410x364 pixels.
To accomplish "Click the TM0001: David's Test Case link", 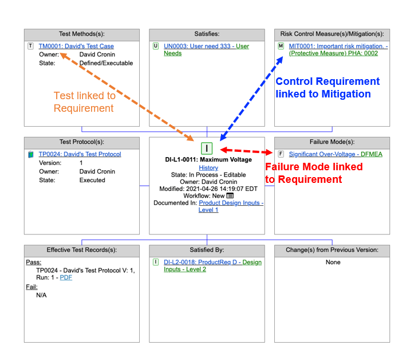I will coord(76,46).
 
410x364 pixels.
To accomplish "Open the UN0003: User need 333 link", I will coord(206,46).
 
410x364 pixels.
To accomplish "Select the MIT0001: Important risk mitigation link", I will coord(338,46).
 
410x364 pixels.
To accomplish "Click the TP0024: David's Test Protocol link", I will coord(80,154).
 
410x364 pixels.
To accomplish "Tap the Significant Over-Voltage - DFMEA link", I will coord(336,154).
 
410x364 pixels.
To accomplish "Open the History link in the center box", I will coord(208,168).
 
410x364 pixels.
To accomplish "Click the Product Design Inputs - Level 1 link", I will coord(231,203).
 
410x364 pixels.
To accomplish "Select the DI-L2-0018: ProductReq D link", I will coord(212,263).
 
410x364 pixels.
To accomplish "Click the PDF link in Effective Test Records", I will coord(66,277).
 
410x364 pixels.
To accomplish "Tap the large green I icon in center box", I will coord(207,148).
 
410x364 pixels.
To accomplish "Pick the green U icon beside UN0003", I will coord(156,46).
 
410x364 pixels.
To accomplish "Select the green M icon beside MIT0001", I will coord(281,46).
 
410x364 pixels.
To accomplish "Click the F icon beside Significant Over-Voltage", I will coord(281,154).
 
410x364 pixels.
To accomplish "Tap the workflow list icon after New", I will coord(230,196).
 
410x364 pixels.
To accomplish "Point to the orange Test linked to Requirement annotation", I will coord(84,102).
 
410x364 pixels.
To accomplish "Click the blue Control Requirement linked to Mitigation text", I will coord(328,88).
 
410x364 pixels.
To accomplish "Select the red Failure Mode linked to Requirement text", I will coord(313,173).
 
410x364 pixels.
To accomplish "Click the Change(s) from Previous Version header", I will coord(332,250).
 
